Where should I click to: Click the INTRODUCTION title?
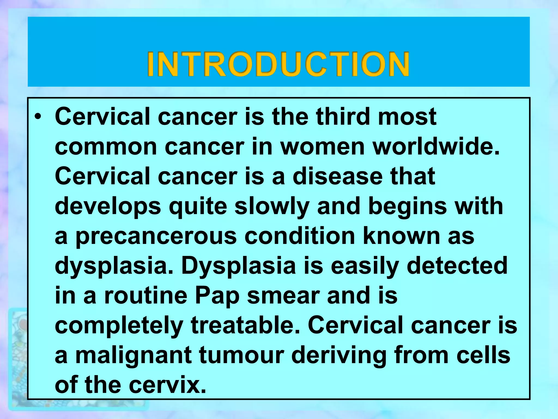click(278, 64)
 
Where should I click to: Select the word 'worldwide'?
click(436, 146)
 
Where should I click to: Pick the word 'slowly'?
click(272, 206)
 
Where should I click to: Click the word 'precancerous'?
click(156, 236)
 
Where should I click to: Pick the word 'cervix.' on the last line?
click(167, 385)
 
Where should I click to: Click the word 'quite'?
click(198, 207)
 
